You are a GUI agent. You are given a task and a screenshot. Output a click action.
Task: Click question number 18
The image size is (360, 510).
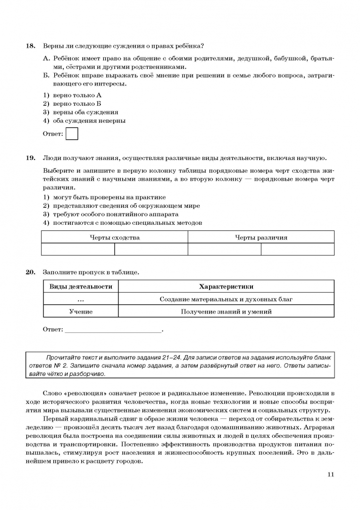coord(30,46)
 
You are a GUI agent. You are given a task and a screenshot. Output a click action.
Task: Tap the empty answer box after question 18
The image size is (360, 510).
coord(72,134)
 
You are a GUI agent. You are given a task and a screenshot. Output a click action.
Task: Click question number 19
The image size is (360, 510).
coord(30,158)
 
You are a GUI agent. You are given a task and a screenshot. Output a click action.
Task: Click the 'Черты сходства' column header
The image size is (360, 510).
coord(115,238)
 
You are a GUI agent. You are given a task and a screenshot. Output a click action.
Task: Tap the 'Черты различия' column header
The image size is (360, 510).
coord(261,238)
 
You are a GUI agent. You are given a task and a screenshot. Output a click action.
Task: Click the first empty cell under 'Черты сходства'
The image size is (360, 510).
coord(78,249)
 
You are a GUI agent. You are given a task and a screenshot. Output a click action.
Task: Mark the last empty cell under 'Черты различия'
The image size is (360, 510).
coord(297,249)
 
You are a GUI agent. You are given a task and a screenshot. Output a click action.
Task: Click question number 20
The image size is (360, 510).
coord(30,272)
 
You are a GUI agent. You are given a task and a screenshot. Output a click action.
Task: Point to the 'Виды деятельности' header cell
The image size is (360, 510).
coord(81,286)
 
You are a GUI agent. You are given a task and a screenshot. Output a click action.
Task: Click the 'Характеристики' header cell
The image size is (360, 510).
coord(226,286)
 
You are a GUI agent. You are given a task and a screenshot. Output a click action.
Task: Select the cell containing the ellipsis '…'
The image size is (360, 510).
coord(81,299)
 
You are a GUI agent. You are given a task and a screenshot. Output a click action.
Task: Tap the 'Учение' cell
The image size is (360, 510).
coord(81,311)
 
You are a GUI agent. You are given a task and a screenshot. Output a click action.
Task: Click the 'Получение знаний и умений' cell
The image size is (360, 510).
coord(226,311)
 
